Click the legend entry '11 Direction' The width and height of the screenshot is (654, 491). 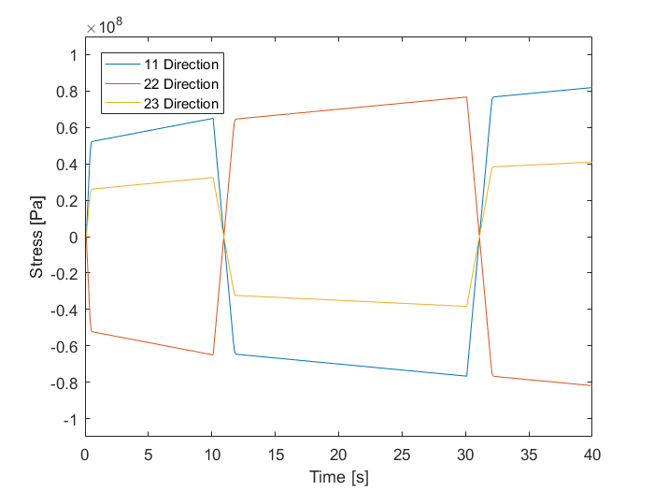click(181, 65)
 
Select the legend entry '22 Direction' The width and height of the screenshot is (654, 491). click(181, 84)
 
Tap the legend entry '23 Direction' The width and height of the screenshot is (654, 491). click(181, 104)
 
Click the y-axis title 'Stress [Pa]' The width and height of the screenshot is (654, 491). click(36, 237)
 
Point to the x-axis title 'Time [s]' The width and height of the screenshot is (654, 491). click(338, 477)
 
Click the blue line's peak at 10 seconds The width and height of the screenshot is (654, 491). click(213, 118)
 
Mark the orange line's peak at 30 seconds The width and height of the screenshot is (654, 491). click(465, 97)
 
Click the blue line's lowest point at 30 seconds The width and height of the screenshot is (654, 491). click(465, 376)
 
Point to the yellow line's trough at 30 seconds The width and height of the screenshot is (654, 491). click(465, 306)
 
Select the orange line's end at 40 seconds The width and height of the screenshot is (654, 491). click(591, 385)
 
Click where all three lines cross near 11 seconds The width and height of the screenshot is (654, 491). click(224, 237)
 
